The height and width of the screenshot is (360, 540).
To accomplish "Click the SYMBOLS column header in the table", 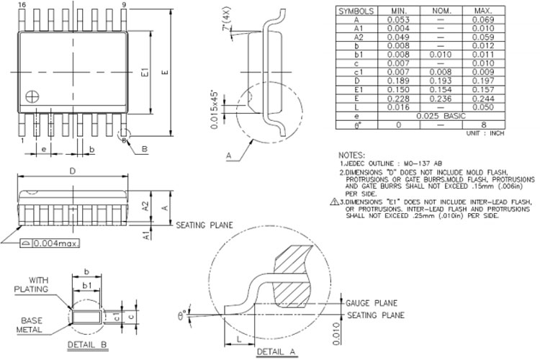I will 356,12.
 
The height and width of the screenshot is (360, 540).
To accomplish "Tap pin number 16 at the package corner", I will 22,5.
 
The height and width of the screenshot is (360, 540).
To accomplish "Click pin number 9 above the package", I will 125,5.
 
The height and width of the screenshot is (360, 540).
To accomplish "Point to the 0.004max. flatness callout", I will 55,245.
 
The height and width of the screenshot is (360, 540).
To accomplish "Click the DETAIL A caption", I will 278,352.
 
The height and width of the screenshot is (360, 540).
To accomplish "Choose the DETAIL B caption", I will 87,346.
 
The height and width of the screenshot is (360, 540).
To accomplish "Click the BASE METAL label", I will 31,325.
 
